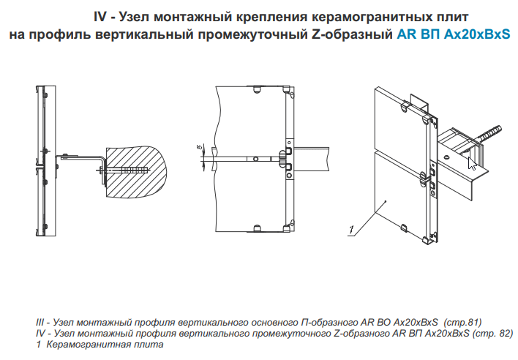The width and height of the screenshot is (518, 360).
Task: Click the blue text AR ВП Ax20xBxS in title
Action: tap(454, 34)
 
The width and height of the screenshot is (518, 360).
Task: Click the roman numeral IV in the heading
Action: tap(100, 17)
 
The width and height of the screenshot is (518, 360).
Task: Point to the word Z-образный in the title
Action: tap(352, 34)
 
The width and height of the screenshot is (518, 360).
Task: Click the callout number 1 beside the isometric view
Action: tap(351, 230)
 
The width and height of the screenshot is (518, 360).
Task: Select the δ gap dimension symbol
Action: tap(199, 147)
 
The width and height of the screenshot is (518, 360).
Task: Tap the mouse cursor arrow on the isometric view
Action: tap(472, 163)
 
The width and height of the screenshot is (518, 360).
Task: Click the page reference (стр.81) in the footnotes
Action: tap(462, 322)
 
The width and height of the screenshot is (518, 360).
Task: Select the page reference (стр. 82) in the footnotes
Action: tap(493, 333)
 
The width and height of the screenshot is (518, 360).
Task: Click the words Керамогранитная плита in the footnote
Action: tap(105, 345)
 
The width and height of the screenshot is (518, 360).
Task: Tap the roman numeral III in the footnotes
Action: tap(40, 322)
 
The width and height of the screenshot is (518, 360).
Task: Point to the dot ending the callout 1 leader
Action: tap(386, 201)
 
